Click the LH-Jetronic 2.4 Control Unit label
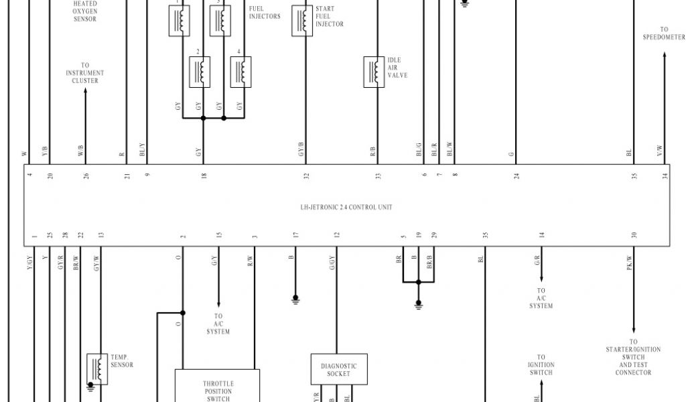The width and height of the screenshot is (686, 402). pyautogui.click(x=346, y=208)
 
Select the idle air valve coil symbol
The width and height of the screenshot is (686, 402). pyautogui.click(x=374, y=72)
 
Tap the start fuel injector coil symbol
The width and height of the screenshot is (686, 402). pyautogui.click(x=302, y=20)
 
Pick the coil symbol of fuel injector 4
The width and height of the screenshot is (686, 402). pyautogui.click(x=241, y=72)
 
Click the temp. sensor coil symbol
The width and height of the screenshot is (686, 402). pyautogui.click(x=97, y=368)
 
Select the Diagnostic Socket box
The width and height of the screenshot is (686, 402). pyautogui.click(x=338, y=369)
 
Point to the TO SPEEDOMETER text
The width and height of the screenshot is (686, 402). pyautogui.click(x=664, y=33)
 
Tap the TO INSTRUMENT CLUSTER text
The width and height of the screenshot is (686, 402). pyautogui.click(x=85, y=73)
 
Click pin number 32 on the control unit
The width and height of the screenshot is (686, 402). pyautogui.click(x=306, y=176)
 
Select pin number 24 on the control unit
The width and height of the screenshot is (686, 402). pyautogui.click(x=517, y=176)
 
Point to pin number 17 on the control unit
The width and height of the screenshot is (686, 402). pyautogui.click(x=295, y=235)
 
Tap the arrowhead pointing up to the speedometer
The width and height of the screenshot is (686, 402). pyautogui.click(x=665, y=56)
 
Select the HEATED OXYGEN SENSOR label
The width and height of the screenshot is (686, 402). pyautogui.click(x=85, y=11)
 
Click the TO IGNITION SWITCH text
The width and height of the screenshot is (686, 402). pyautogui.click(x=541, y=365)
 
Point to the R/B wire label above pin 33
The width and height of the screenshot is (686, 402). pyautogui.click(x=373, y=152)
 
